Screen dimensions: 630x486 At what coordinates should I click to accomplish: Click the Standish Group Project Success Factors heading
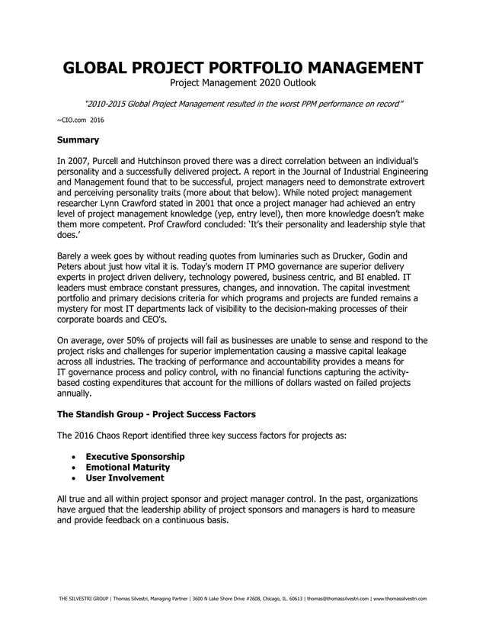click(156, 414)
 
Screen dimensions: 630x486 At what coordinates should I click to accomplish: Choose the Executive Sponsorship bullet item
click(135, 456)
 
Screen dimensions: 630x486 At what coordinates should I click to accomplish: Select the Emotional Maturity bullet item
click(127, 467)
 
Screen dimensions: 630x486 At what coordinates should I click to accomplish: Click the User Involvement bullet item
click(124, 477)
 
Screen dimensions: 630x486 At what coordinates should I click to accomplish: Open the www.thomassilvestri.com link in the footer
click(398, 599)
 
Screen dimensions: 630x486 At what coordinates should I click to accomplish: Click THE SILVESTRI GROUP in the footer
click(83, 599)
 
